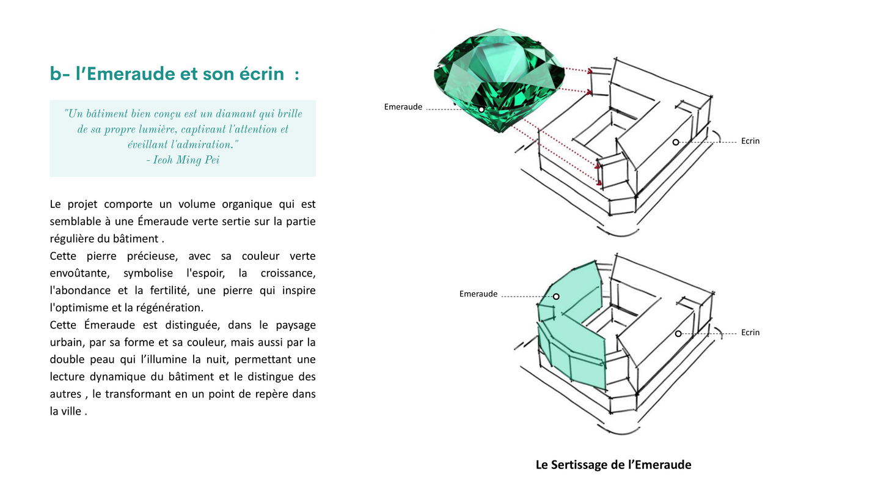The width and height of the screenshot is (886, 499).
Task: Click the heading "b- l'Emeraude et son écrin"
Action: coord(174,74)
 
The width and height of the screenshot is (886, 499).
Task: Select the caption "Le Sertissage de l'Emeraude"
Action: coord(613,465)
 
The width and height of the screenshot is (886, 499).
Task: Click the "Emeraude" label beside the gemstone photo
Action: coord(403,107)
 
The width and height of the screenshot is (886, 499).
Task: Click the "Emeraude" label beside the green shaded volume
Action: coord(478,294)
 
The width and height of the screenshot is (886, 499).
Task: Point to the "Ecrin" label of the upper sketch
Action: coord(750,141)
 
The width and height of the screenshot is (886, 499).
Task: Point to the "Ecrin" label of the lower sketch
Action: coord(750,333)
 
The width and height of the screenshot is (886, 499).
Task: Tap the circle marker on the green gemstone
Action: coord(481,109)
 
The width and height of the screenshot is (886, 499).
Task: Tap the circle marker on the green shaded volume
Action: coord(556,297)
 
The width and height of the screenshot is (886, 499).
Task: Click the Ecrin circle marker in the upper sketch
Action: coord(675,142)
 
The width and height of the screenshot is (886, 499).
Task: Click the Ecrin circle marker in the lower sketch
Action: coord(678,334)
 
